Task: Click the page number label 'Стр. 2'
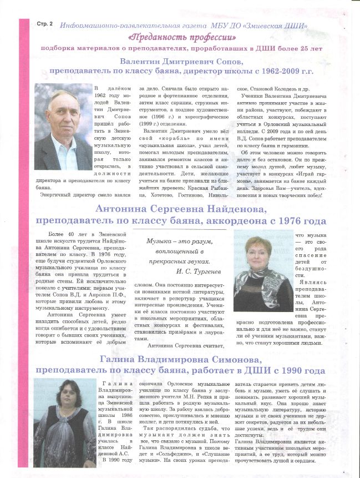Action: (44, 24)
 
